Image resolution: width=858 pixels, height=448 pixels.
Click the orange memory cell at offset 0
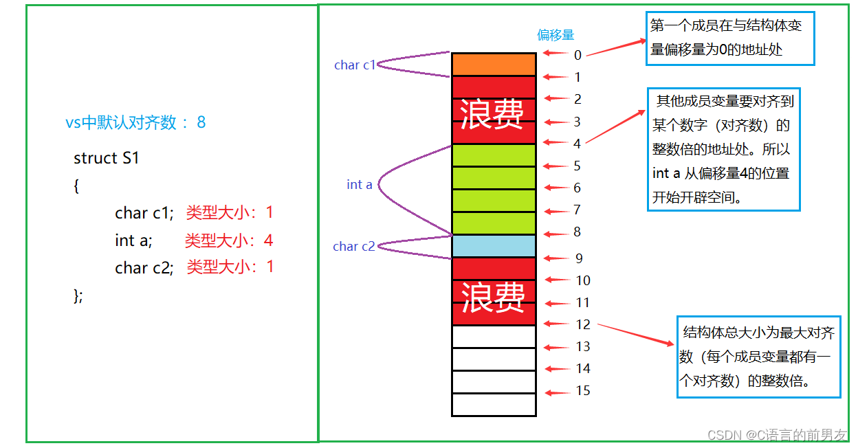(x=494, y=64)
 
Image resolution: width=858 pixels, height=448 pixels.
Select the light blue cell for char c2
(x=494, y=246)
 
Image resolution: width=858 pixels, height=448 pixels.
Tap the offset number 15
(x=583, y=391)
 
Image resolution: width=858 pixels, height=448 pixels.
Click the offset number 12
(x=583, y=324)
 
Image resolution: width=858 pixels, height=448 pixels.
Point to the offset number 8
(x=577, y=232)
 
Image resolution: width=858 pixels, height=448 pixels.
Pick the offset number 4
(x=577, y=144)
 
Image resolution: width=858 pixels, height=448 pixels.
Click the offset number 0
(x=577, y=55)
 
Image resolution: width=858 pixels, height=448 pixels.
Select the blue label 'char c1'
(x=355, y=65)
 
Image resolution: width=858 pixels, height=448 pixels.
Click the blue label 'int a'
(x=360, y=185)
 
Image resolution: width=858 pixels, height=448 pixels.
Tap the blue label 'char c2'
(x=354, y=247)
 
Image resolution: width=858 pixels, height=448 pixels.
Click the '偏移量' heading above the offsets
(x=555, y=35)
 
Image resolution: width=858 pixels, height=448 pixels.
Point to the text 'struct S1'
(x=107, y=158)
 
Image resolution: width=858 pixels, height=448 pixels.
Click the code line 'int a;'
(x=133, y=240)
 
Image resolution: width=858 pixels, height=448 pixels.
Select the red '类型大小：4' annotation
(x=229, y=240)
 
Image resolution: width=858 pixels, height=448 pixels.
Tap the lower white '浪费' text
(x=493, y=297)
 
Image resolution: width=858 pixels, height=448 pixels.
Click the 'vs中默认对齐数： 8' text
(x=135, y=123)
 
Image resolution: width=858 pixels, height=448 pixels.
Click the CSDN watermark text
(x=777, y=435)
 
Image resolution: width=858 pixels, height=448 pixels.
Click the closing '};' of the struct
(x=78, y=296)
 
